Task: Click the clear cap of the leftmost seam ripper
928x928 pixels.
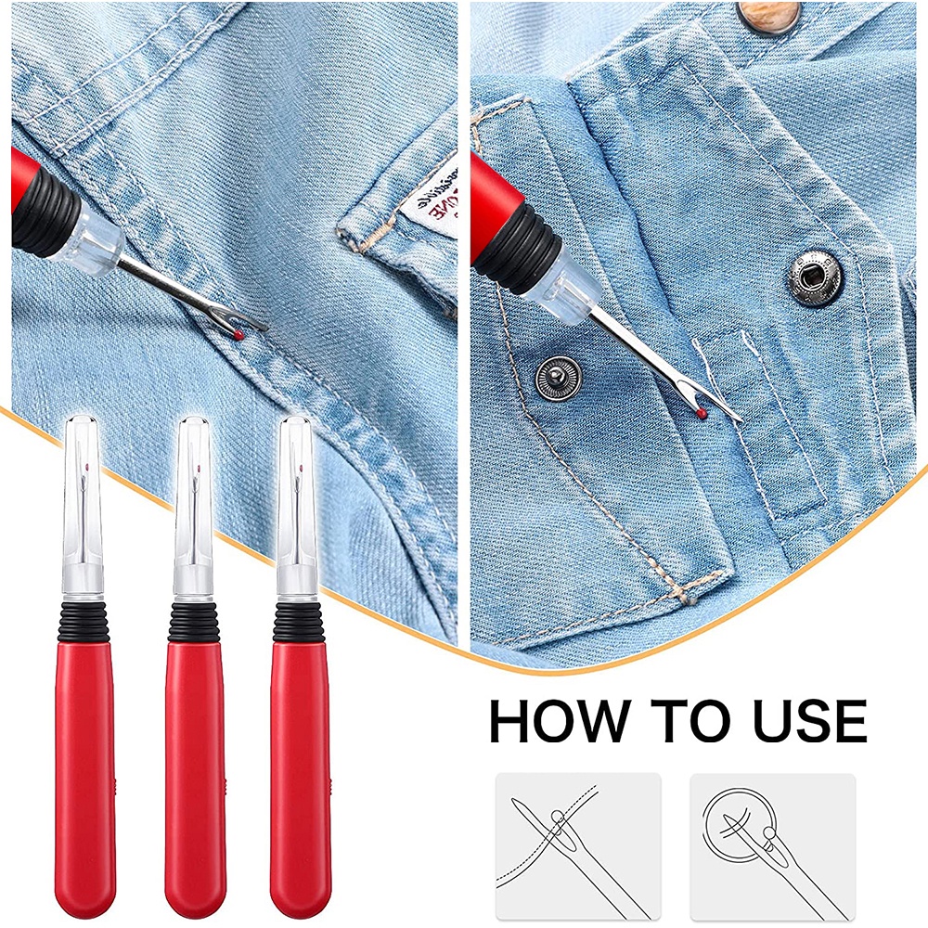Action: click(83, 501)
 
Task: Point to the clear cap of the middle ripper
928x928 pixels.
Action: click(192, 501)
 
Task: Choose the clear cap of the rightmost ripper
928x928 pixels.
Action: click(296, 501)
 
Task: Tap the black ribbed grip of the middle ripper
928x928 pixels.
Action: click(193, 620)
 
